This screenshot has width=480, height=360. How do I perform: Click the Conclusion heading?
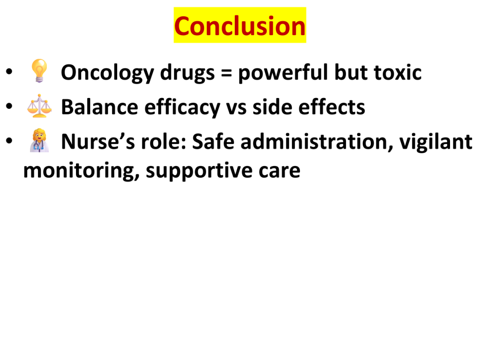coord(240,26)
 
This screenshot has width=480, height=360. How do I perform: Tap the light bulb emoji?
coord(39,71)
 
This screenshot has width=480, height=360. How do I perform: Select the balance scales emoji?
coord(39,106)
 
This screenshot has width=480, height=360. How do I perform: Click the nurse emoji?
coord(39,141)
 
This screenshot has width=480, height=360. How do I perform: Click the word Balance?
coord(99,107)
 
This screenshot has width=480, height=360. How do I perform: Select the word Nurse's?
coord(98,142)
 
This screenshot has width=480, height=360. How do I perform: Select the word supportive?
coord(199,171)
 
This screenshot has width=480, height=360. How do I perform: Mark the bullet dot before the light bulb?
coord(9,71)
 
